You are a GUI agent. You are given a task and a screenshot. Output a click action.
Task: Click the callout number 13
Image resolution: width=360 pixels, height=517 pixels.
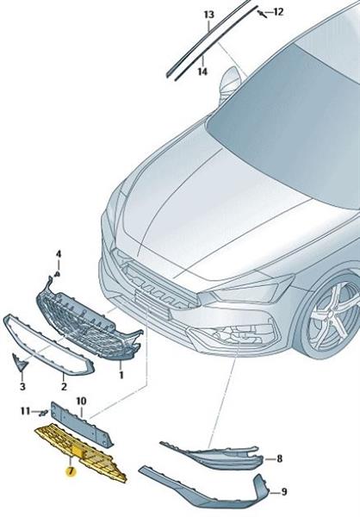208,16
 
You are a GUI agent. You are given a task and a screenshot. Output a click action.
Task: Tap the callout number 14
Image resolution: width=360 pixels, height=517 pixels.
202,72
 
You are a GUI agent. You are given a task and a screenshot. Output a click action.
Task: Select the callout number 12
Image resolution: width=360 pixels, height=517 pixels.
278,12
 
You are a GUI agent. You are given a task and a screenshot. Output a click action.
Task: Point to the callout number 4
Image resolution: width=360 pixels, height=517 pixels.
59,254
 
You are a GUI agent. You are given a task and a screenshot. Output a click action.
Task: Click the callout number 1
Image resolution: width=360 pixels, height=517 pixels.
121,375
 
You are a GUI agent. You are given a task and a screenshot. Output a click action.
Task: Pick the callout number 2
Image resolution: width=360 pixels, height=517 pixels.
64,386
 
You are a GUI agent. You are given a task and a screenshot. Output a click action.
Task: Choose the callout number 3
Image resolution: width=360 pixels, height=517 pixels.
22,386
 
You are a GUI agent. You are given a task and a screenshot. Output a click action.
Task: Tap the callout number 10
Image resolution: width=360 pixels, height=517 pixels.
81,402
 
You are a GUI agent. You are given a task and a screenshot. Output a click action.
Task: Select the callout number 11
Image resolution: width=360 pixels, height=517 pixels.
25,412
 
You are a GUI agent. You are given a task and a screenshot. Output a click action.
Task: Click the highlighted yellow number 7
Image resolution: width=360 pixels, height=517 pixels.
71,471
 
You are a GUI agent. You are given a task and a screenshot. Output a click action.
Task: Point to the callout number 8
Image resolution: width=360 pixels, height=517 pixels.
280,458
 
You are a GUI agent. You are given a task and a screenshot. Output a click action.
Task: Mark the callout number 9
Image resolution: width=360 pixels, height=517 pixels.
283,492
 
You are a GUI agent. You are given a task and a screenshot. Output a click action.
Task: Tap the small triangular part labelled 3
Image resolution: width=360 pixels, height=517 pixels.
20,361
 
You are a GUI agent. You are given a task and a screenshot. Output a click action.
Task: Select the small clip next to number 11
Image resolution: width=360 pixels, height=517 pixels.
43,412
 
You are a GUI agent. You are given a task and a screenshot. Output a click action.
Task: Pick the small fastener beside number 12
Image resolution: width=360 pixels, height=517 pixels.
263,14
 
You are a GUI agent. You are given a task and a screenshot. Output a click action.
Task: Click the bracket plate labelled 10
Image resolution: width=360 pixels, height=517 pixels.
82,424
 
